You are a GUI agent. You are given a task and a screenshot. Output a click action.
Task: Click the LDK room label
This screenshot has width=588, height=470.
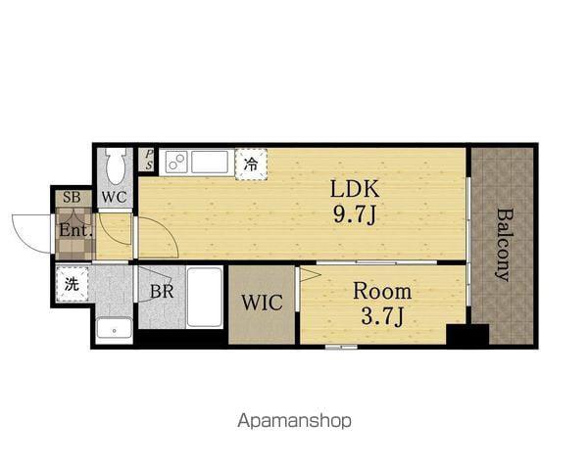(x=355, y=189)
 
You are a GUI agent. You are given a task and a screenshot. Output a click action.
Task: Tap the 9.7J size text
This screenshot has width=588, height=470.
(x=355, y=215)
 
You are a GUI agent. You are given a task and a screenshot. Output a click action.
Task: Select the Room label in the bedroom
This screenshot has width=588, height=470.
(x=382, y=291)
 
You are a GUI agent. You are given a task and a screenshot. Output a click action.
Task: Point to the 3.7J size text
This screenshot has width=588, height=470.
(x=382, y=316)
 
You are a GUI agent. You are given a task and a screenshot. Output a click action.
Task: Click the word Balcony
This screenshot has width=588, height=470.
(x=504, y=245)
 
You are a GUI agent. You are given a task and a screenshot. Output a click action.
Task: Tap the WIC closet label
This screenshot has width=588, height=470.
(x=262, y=303)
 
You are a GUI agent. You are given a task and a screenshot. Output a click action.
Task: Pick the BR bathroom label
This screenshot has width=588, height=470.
(x=162, y=291)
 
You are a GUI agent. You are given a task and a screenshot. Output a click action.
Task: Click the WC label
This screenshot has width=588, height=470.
(x=115, y=197)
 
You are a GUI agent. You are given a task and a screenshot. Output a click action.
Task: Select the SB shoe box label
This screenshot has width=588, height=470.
(x=72, y=197)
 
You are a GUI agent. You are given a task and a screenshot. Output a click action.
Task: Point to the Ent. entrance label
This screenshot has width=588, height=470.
(x=75, y=230)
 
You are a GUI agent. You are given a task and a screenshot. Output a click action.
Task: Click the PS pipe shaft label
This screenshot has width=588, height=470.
(x=149, y=160)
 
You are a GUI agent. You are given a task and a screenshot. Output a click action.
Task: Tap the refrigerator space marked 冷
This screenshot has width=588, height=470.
(x=251, y=164)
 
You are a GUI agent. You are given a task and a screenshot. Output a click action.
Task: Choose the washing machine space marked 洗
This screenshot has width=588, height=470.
(x=72, y=284)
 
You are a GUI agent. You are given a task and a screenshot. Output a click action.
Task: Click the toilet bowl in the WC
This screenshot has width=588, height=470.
(x=116, y=166)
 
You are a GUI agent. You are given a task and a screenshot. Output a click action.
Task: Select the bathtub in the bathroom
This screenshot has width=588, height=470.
(x=205, y=298)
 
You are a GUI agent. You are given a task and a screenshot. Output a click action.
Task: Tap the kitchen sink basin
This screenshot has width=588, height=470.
(x=210, y=162)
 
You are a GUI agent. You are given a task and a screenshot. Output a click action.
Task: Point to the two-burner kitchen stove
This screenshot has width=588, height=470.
(x=176, y=162)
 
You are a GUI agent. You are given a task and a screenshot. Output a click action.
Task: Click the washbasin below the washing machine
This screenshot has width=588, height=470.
(x=114, y=328)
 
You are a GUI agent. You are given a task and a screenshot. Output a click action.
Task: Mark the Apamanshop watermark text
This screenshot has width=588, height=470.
(x=294, y=421)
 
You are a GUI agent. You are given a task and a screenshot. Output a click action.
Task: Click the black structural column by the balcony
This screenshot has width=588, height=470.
(x=467, y=334)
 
